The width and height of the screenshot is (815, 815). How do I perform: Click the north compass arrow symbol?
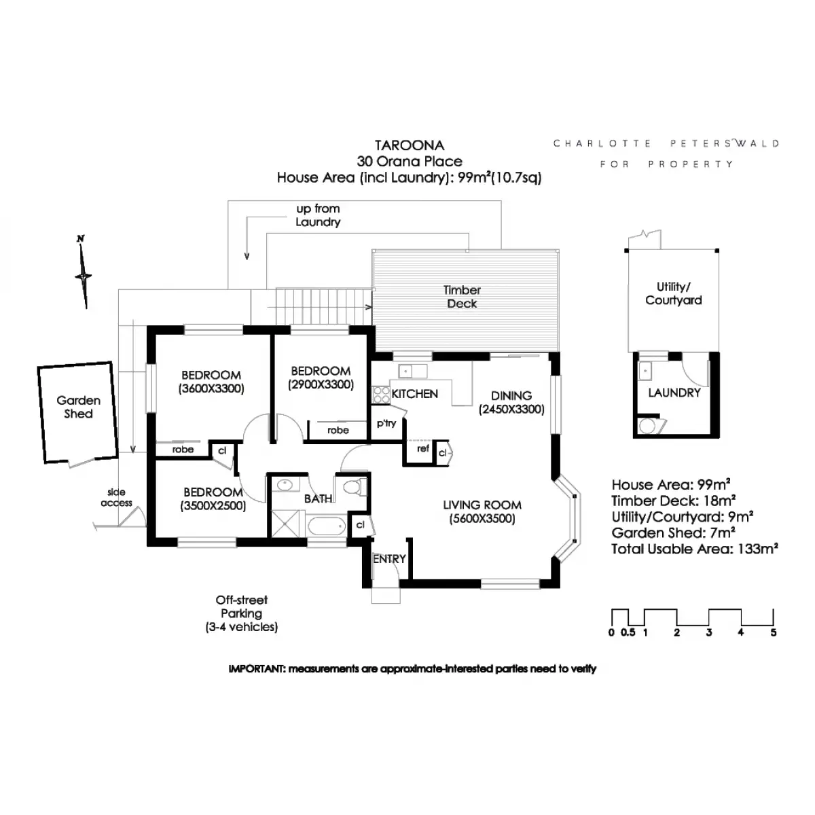pos(84,275)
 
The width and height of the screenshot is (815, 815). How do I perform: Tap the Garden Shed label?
pos(78,407)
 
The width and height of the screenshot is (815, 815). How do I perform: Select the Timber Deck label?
pos(462,297)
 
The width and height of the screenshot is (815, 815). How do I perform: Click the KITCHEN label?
pos(415,394)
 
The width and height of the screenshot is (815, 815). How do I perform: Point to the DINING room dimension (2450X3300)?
pos(511,410)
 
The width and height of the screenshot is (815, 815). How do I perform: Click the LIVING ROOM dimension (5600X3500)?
pos(482,519)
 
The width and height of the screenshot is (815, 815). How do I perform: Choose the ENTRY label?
pos(389,559)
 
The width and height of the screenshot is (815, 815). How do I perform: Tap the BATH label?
pos(318,499)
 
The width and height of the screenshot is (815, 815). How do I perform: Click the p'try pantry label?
pos(386,423)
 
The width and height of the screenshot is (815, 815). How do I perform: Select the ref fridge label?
pos(423,449)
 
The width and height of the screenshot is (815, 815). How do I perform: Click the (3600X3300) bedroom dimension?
pos(211,389)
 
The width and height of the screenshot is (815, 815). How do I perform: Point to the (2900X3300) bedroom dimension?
pos(321,385)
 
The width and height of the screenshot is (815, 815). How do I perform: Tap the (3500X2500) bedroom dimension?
pos(213,506)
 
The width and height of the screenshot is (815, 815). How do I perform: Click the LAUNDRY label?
pos(674,393)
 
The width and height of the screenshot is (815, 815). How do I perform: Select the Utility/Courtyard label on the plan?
pos(674,293)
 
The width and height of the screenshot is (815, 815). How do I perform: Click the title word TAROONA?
pos(410,145)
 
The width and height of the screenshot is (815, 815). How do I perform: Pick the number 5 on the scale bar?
pos(774,633)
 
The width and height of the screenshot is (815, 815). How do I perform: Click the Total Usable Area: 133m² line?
pos(694,549)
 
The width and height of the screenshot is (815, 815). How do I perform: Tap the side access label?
pos(116,497)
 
